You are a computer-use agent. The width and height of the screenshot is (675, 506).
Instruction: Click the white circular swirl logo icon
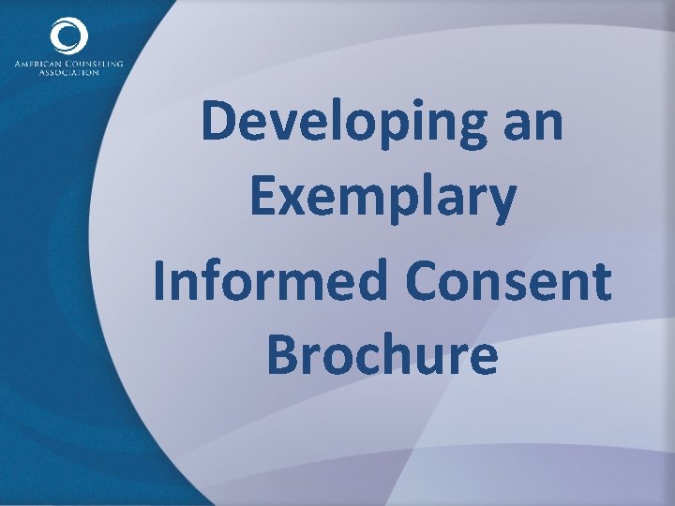[x=68, y=38]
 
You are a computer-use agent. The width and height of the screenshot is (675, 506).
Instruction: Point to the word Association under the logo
[x=68, y=72]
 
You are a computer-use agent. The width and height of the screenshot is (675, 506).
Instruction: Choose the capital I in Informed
[x=161, y=278]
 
